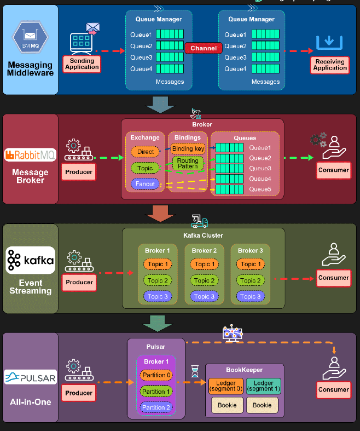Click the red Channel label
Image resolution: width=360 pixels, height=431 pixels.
coord(204,48)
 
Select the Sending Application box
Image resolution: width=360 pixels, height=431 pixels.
coord(82,64)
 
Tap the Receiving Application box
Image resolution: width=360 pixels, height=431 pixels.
coord(330,65)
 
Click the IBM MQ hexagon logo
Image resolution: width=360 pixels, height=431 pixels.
coord(30,37)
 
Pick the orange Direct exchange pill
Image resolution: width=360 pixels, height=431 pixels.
coord(146,152)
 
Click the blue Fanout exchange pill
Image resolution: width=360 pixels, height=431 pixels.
coord(145,183)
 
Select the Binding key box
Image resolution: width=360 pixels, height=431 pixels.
coord(188,149)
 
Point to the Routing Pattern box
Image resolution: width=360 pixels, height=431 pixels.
coord(188,163)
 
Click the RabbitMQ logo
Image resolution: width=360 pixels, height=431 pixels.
coord(30,155)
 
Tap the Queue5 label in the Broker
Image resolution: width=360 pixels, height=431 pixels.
coord(260,189)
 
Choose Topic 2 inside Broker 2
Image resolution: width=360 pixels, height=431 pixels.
coord(204,280)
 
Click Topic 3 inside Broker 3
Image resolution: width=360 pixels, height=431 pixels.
coord(251,296)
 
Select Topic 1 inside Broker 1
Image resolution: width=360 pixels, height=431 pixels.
coord(158,264)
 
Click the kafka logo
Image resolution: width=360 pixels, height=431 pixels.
coord(30,260)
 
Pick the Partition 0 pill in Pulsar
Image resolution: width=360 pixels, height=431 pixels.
coord(156,375)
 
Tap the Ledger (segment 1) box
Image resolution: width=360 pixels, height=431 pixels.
coord(263,386)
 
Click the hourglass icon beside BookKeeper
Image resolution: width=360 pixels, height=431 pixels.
coord(195,371)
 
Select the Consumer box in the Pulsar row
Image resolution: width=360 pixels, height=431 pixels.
coord(333,389)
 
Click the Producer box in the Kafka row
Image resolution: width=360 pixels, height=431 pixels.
coord(79,282)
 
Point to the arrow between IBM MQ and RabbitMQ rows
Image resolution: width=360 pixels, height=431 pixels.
coord(160,105)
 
